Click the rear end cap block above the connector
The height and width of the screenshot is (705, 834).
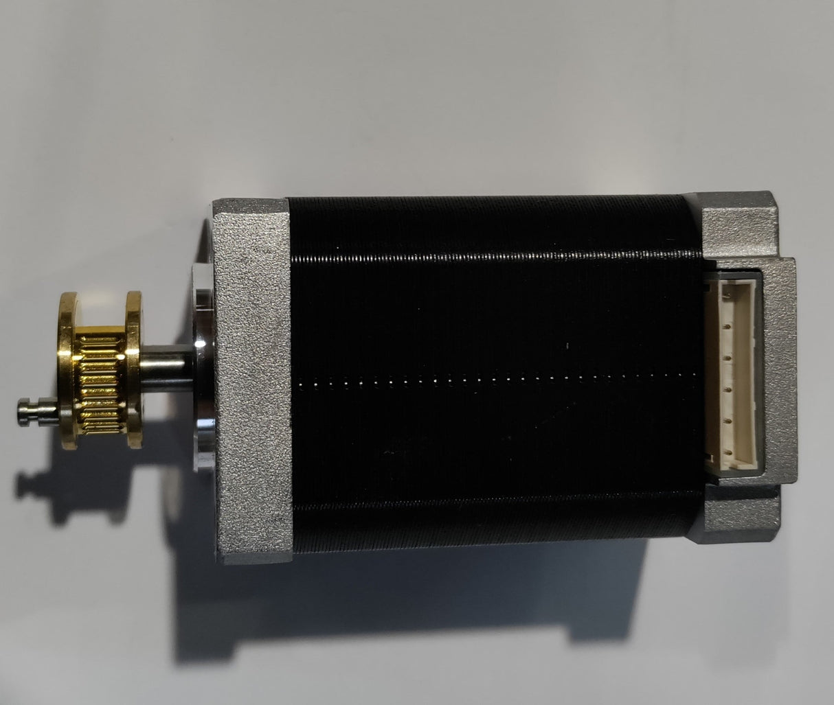739,227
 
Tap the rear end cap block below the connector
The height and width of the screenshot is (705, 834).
739,515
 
